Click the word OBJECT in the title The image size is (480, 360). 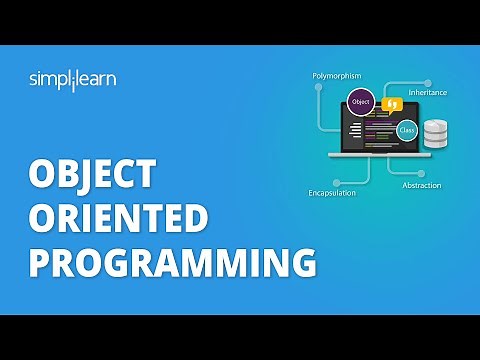(93, 174)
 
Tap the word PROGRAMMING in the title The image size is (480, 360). (172, 263)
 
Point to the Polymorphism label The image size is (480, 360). (336, 74)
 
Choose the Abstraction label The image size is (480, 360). (421, 185)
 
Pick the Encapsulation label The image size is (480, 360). (332, 193)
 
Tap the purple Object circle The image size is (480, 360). (360, 102)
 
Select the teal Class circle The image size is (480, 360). (406, 129)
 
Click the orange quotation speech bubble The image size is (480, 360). (392, 104)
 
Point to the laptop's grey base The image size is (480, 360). (380, 154)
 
